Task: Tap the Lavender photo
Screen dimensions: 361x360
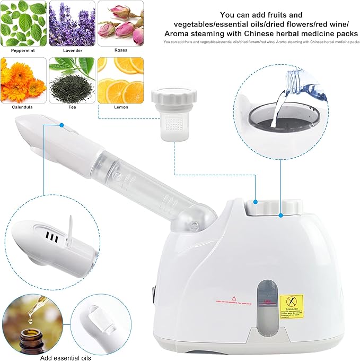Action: coord(72,23)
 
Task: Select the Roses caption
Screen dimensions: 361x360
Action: coord(120,50)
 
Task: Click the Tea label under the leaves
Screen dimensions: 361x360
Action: coord(72,107)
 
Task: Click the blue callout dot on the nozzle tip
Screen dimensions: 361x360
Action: coord(62,125)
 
